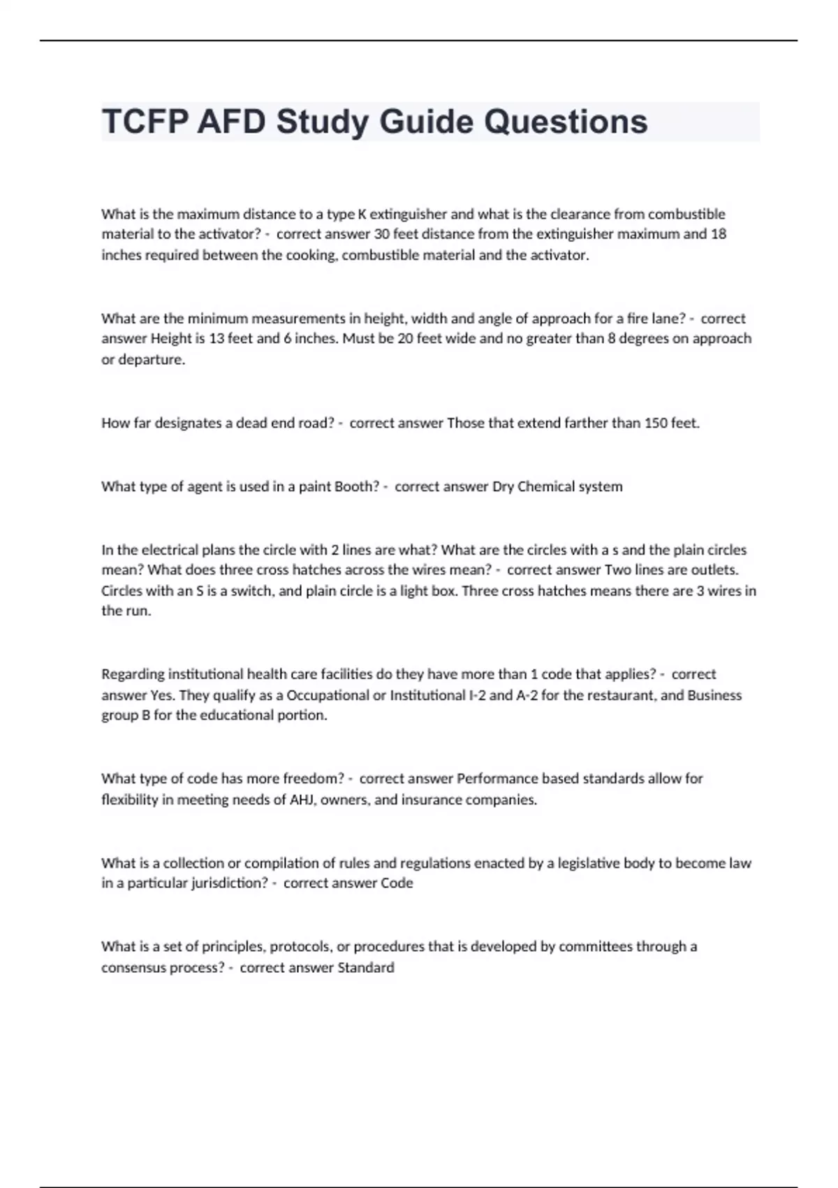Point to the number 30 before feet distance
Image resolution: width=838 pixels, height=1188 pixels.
[382, 234]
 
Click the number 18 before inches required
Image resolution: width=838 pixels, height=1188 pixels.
[718, 234]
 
